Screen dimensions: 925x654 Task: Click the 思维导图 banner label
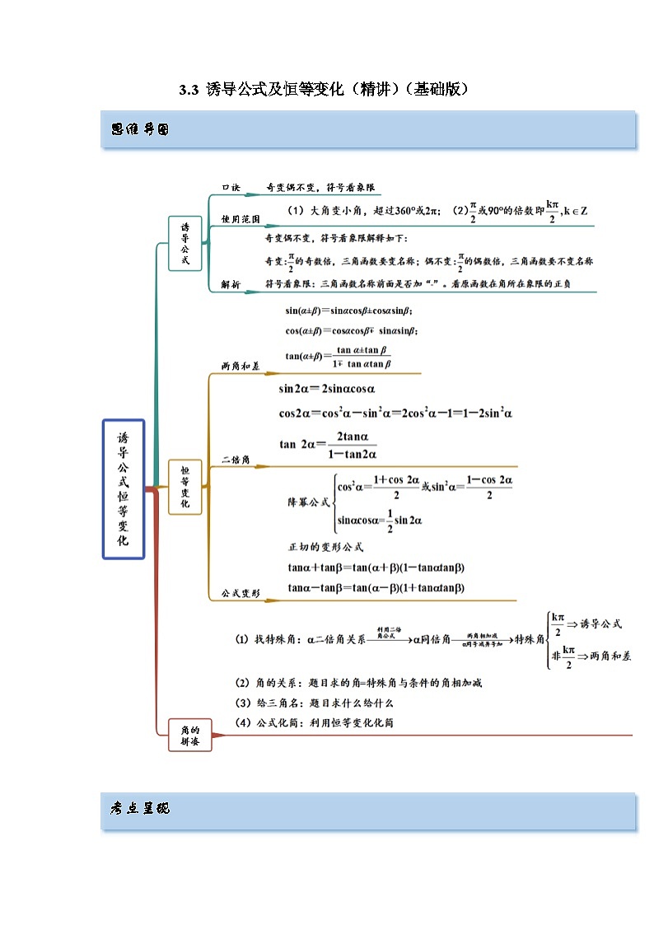pos(139,129)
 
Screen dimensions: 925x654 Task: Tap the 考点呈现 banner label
pos(139,809)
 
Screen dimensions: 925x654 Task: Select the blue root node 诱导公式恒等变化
pos(124,488)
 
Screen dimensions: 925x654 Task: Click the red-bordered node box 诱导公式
pos(185,244)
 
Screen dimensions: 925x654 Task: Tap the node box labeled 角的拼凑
pos(189,735)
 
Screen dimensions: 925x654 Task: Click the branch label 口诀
pos(231,188)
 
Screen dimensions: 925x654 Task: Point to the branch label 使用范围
pos(241,220)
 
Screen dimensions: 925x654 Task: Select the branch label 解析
pos(231,284)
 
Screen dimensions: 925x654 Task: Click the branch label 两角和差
pos(240,366)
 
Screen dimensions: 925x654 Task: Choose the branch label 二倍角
pos(236,459)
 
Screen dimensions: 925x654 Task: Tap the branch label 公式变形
pos(241,593)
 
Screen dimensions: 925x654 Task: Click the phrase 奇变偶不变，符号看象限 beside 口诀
pos(324,188)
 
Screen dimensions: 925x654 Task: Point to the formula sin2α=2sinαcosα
pos(327,390)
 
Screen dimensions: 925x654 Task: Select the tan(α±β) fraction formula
pos(338,357)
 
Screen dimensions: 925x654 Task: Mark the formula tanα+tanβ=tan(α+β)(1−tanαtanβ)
pos(376,568)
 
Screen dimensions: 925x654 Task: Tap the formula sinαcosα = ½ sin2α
pos(380,521)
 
